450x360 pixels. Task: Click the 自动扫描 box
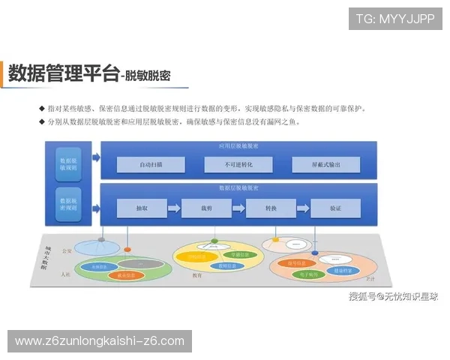tap(151, 164)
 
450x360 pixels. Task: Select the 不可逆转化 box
tap(238, 164)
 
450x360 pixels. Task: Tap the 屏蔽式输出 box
tap(325, 164)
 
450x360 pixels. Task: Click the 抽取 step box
tap(141, 208)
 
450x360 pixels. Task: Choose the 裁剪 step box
tap(205, 208)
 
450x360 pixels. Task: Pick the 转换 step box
tap(271, 208)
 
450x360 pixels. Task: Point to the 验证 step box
tap(335, 208)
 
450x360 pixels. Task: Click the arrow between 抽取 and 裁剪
tap(173, 208)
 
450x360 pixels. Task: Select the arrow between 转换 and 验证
tap(303, 208)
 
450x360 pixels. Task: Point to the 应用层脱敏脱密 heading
tap(238, 145)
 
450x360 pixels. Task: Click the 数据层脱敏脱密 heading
tap(238, 187)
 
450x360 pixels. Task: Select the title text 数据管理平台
tap(63, 73)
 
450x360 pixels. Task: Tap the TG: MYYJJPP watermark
tap(394, 18)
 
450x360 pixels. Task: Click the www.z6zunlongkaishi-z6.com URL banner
tap(99, 341)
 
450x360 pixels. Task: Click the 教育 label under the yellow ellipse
tap(197, 275)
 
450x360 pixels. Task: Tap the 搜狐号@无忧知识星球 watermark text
tap(394, 296)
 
